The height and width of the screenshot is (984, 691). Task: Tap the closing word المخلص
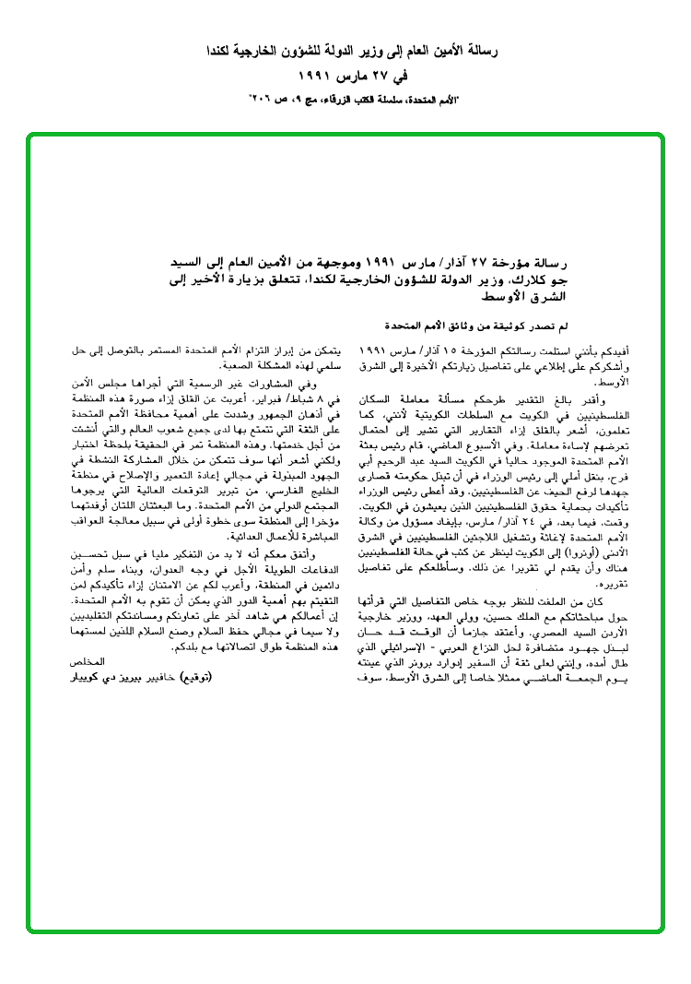coord(88,663)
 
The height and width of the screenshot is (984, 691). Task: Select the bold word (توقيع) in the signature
coord(196,676)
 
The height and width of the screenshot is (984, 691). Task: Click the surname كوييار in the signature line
coord(92,676)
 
